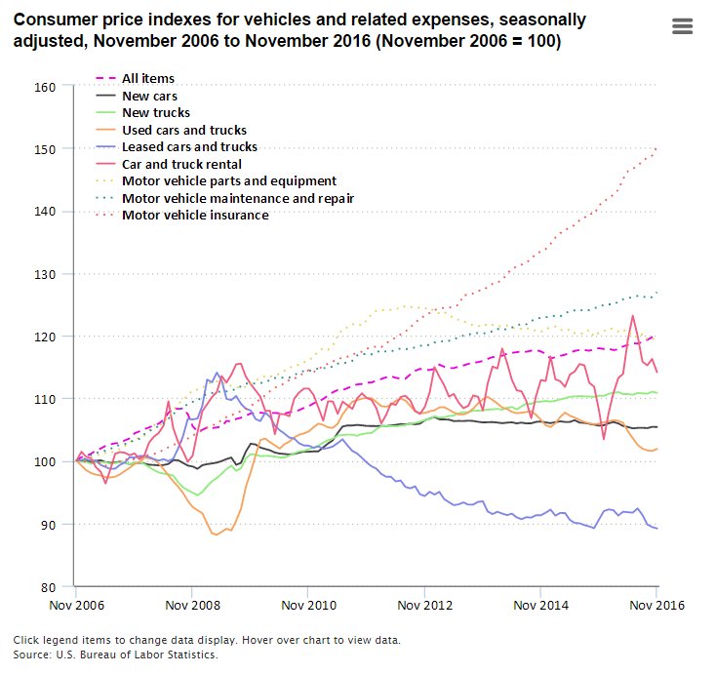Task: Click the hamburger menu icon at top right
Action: point(682,26)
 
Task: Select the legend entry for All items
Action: point(148,78)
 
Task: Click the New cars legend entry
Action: point(149,96)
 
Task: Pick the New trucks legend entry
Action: point(156,113)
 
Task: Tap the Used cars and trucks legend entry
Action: point(184,130)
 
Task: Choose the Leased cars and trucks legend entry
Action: point(189,147)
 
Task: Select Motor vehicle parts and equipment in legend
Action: point(229,181)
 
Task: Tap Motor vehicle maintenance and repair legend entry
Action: point(237,198)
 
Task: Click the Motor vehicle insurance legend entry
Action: point(195,215)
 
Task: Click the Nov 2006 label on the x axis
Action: point(75,606)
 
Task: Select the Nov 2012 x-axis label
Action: point(424,606)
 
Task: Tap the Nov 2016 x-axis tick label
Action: point(655,606)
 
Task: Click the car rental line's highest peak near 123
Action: point(633,315)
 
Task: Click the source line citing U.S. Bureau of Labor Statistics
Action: point(115,654)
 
